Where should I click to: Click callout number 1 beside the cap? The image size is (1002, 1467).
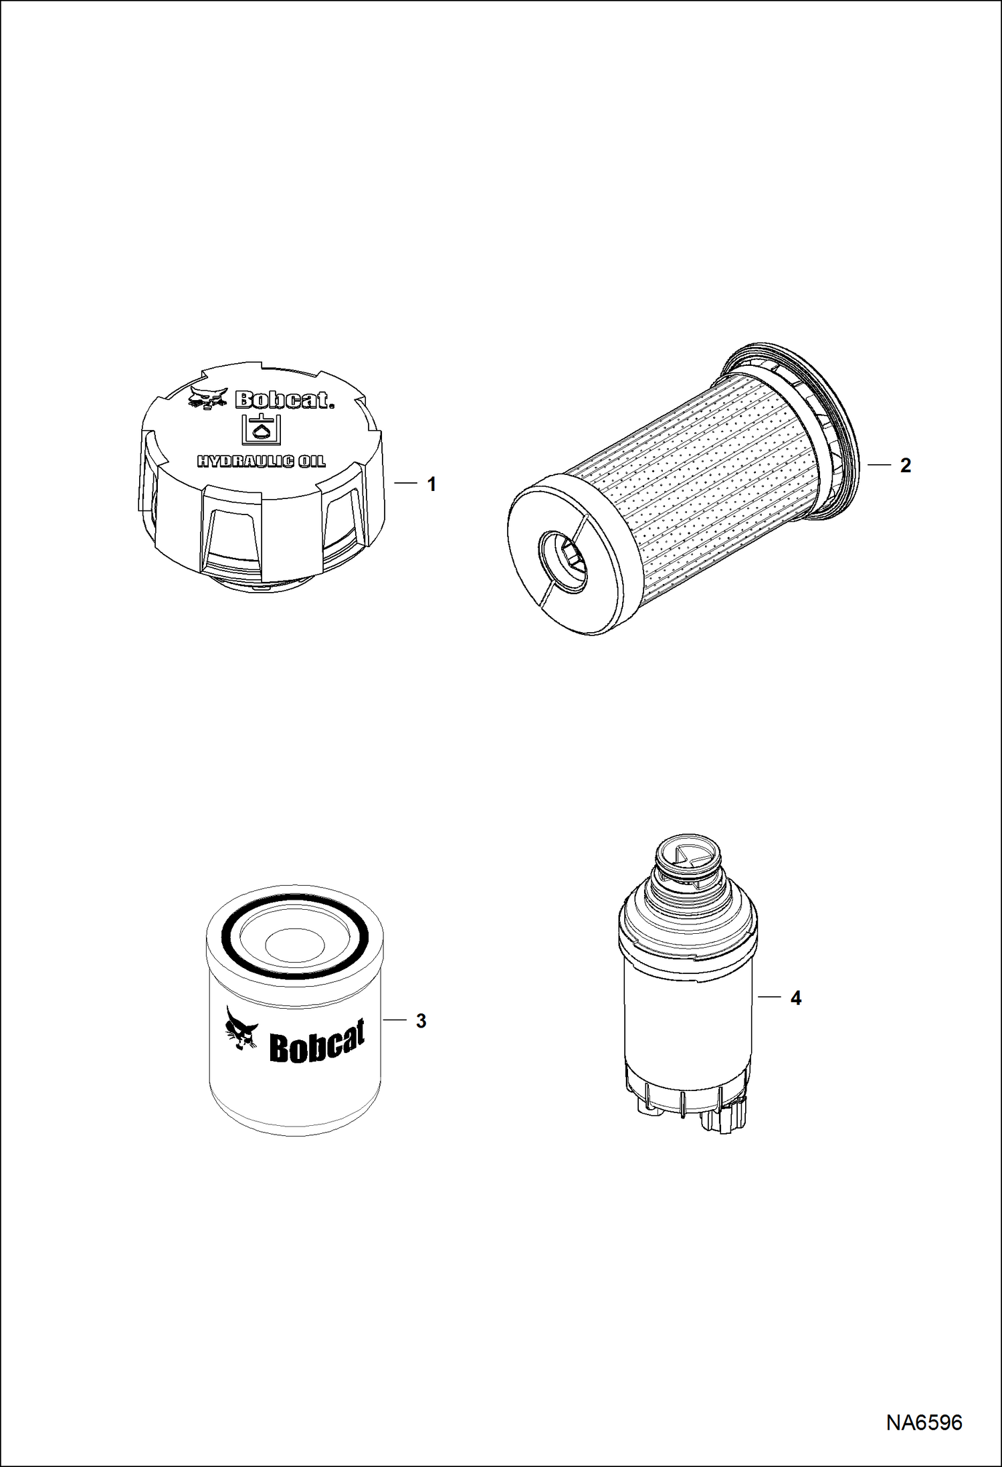tap(431, 484)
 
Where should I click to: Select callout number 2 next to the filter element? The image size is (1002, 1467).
tap(905, 465)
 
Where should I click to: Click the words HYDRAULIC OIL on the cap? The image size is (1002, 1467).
tap(261, 462)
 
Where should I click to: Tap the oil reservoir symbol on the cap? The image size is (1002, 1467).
tap(261, 429)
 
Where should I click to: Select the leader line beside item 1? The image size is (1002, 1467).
tap(405, 484)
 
